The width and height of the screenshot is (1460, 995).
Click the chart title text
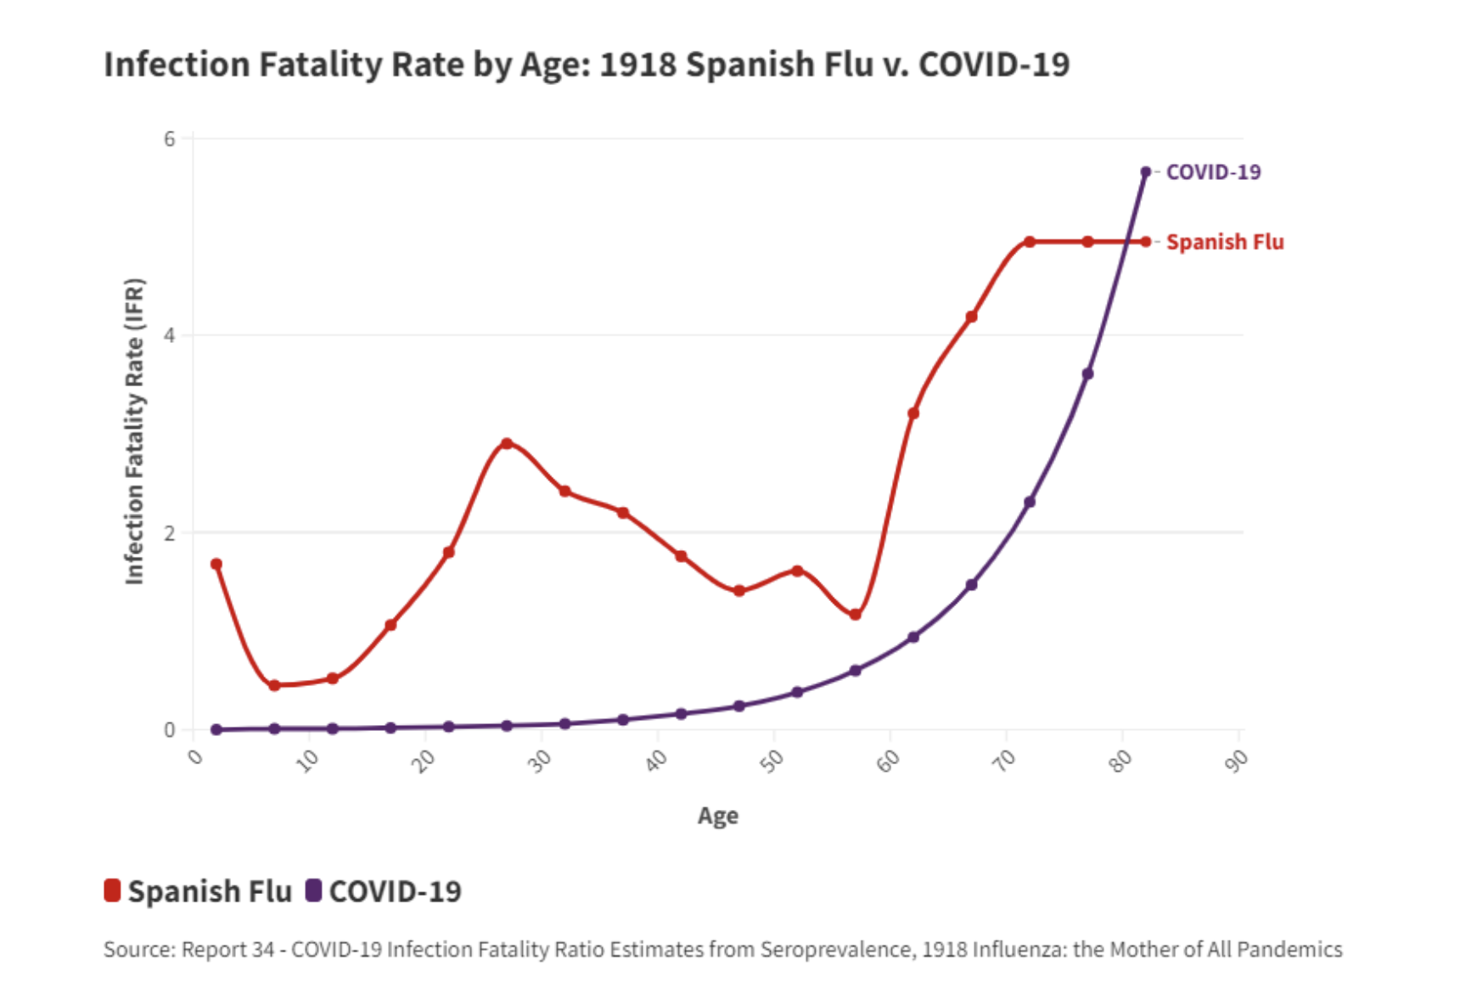(x=586, y=65)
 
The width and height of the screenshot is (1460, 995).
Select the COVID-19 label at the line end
(x=1213, y=172)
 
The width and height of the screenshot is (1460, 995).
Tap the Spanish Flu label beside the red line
(x=1224, y=242)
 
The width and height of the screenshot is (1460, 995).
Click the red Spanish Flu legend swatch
(x=112, y=891)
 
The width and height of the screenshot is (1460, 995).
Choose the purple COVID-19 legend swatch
(x=313, y=891)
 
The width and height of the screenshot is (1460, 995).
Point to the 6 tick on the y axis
(x=170, y=138)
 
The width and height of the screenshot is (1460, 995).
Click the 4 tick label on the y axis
(x=170, y=335)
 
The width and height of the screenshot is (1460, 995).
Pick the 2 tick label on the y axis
(x=170, y=533)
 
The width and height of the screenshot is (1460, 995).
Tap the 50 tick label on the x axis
(x=772, y=762)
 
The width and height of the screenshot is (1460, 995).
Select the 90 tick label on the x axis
(x=1237, y=762)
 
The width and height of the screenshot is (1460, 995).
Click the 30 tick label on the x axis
(x=539, y=762)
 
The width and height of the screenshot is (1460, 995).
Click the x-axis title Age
(x=717, y=816)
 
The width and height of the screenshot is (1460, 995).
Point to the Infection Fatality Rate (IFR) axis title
(x=135, y=431)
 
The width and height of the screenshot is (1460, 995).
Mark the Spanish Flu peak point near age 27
(x=507, y=443)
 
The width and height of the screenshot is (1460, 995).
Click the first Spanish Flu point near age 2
(x=216, y=564)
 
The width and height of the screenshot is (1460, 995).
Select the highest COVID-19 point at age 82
(x=1145, y=171)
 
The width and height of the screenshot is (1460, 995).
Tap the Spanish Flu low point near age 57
(x=855, y=615)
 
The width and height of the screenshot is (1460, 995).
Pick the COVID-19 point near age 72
(x=1030, y=502)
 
